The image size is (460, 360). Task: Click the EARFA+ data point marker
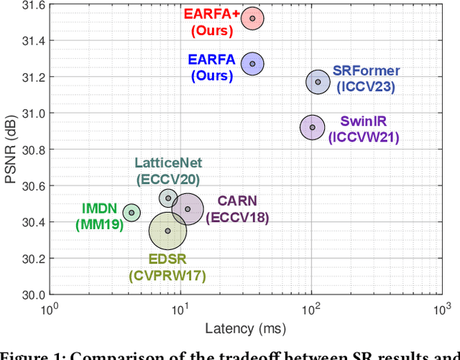point(252,19)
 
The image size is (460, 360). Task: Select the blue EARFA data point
point(252,64)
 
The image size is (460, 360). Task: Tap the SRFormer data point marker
point(318,82)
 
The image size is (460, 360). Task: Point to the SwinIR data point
point(312,127)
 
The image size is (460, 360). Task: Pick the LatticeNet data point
point(168,198)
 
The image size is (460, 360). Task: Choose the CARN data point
point(188,209)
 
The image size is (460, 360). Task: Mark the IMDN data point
point(131,212)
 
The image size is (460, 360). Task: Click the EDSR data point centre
point(167,231)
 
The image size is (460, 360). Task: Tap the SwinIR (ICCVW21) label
point(363,129)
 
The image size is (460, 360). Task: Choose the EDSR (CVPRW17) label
point(167,267)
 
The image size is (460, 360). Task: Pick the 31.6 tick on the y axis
point(32,5)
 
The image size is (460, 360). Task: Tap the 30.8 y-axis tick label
point(32,149)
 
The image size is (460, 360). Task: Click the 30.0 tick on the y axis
point(32,295)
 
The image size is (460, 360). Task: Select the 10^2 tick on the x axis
point(311,309)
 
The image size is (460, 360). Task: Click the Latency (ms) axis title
point(245,329)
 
